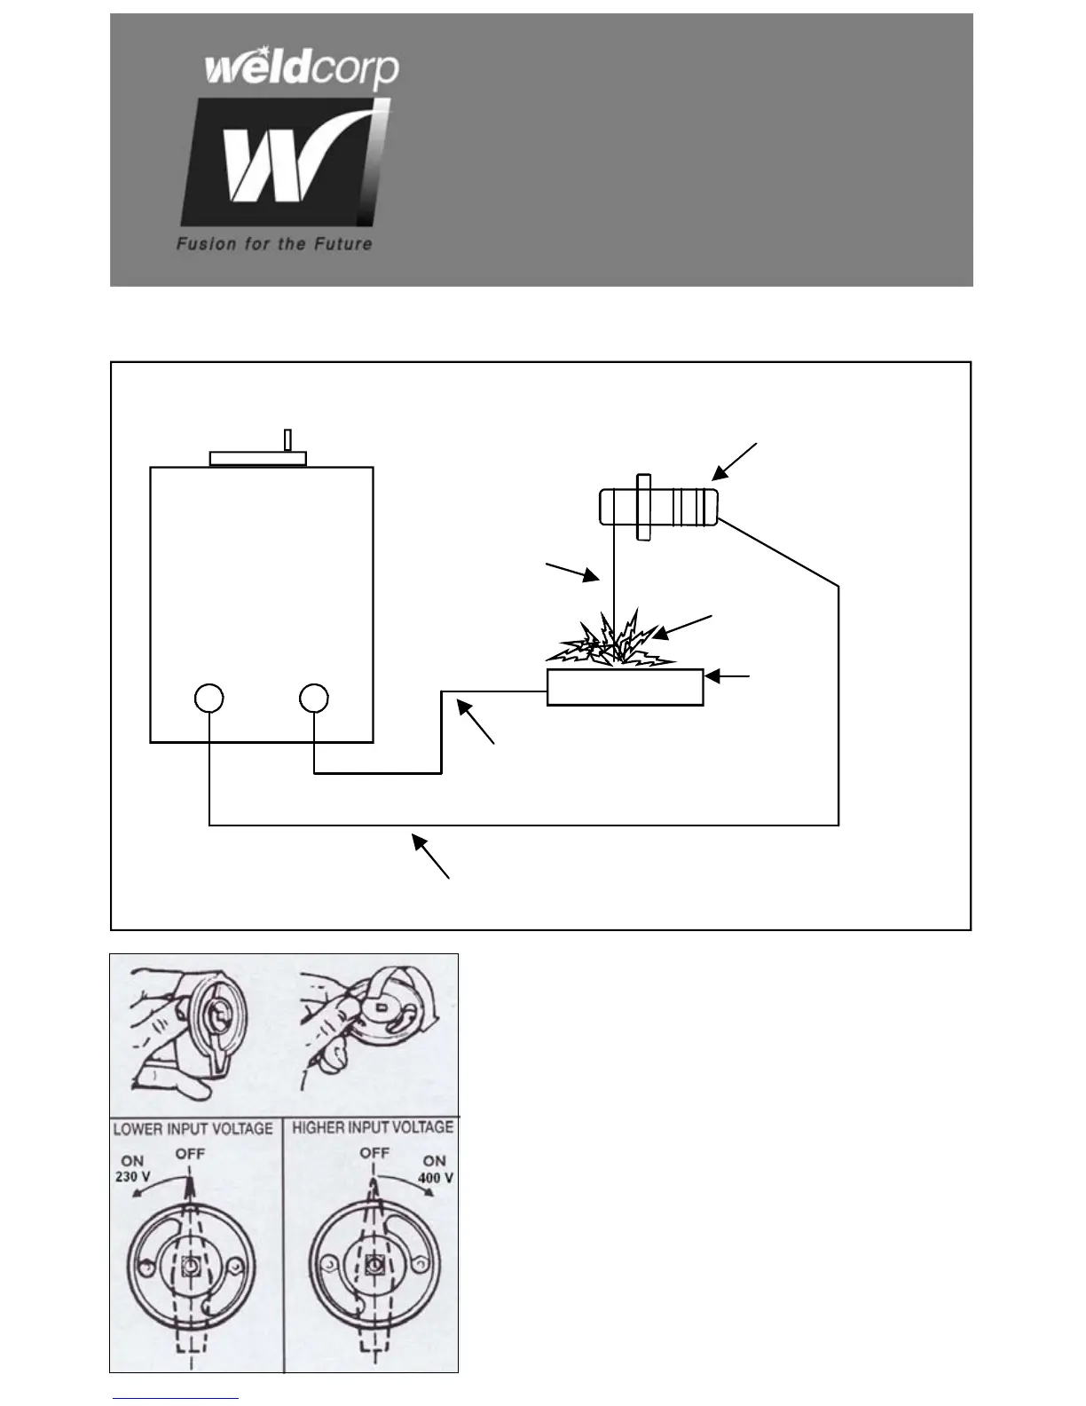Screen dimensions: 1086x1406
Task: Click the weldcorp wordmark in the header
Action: pos(302,69)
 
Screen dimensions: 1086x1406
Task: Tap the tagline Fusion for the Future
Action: pos(274,243)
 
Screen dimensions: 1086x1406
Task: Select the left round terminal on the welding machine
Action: pos(209,698)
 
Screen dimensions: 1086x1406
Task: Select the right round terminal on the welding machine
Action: pos(314,698)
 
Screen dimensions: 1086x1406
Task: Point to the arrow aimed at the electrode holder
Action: pos(735,462)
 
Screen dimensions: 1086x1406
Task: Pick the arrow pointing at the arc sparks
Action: pos(681,627)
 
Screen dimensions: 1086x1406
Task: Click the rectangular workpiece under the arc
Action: pos(625,688)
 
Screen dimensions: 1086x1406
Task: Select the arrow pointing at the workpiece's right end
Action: pos(728,677)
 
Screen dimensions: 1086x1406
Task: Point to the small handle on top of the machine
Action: pos(287,440)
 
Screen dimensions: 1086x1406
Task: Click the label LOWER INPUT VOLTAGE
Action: pos(193,1129)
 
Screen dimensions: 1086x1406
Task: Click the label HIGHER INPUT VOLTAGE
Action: pos(373,1128)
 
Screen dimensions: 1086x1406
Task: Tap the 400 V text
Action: pos(435,1177)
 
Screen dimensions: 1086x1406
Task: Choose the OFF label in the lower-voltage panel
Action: pos(190,1154)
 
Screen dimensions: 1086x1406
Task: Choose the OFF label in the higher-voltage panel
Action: pos(375,1153)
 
